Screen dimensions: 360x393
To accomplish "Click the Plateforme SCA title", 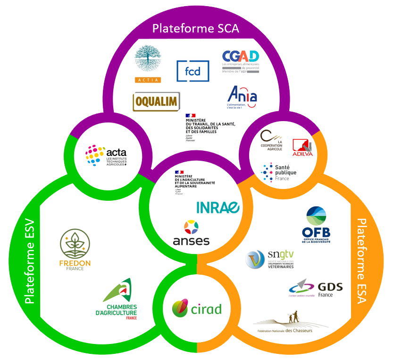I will (x=196, y=28).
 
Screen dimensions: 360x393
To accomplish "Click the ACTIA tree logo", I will (x=148, y=64).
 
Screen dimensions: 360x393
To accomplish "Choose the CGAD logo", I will (x=241, y=61).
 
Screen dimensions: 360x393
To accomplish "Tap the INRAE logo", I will (x=218, y=207).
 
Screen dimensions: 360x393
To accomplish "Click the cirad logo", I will (x=196, y=308).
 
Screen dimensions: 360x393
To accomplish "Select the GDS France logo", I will (x=316, y=288).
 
